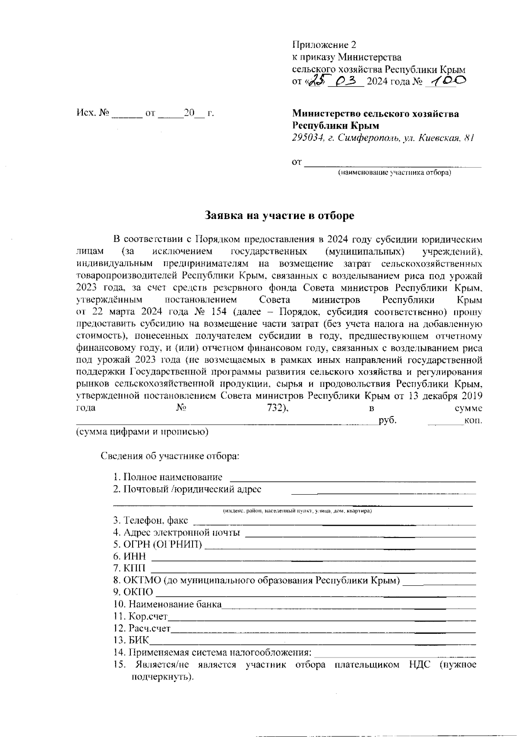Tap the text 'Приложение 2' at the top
[x=325, y=44]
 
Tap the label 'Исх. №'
[x=92, y=114]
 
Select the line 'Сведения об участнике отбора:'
[x=170, y=456]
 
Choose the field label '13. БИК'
[x=131, y=640]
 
